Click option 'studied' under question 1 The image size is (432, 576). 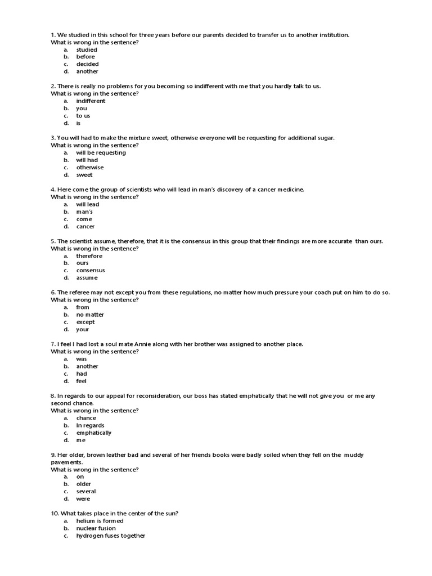(x=87, y=49)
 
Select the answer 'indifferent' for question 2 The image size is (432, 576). (x=91, y=101)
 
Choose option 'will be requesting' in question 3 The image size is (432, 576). (x=101, y=152)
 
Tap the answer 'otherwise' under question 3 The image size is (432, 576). (x=90, y=167)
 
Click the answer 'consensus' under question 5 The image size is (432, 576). (x=91, y=270)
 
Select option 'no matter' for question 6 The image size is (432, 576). (x=90, y=314)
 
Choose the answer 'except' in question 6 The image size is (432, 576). (x=85, y=322)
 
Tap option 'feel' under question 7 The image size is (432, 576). (x=82, y=381)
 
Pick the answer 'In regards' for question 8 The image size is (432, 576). (x=90, y=425)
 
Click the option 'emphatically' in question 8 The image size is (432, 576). (x=94, y=433)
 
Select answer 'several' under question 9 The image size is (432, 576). (x=86, y=491)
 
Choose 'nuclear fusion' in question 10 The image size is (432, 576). (x=96, y=528)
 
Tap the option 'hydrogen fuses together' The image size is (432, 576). (x=111, y=535)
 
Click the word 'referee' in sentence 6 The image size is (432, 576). (x=82, y=292)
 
